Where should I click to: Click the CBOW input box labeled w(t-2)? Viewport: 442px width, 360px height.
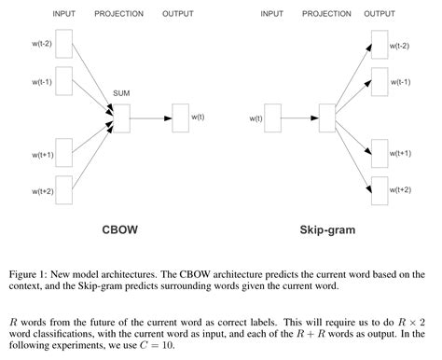pos(62,45)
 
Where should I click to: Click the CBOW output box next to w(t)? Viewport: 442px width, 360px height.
pos(180,118)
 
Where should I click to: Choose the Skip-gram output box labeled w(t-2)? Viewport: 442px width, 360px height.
pos(379,44)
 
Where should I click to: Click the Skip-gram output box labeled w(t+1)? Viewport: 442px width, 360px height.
pos(379,153)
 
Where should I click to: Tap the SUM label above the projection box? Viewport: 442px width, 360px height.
pos(120,95)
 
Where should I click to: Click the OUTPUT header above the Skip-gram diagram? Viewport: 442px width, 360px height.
pos(380,13)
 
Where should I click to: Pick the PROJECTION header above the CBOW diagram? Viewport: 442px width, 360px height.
pos(120,13)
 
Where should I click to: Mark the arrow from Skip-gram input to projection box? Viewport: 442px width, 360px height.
pos(300,118)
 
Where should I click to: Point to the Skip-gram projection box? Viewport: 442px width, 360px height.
pos(327,118)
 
